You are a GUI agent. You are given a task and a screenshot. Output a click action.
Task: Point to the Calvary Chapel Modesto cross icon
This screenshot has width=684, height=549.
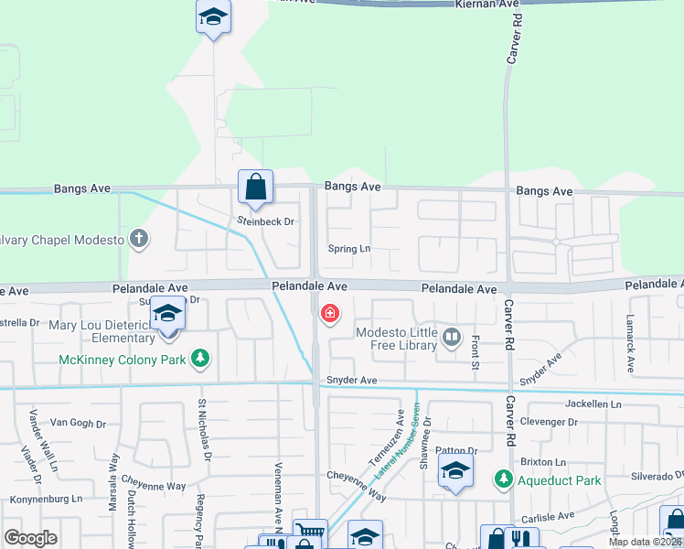(139, 240)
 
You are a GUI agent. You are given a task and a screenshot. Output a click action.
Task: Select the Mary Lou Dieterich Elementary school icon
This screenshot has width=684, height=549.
(168, 315)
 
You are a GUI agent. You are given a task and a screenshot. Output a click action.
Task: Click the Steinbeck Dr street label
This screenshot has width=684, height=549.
(264, 221)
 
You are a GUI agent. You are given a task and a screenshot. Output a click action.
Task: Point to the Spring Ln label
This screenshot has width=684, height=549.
(349, 249)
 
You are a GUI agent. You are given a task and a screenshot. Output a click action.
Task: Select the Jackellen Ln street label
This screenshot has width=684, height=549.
(593, 404)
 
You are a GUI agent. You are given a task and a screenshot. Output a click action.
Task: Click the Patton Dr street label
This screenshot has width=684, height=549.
(456, 451)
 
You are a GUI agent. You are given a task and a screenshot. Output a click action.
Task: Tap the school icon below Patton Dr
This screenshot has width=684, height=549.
(455, 472)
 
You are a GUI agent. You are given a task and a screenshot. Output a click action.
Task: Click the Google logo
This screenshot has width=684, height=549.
(30, 538)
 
